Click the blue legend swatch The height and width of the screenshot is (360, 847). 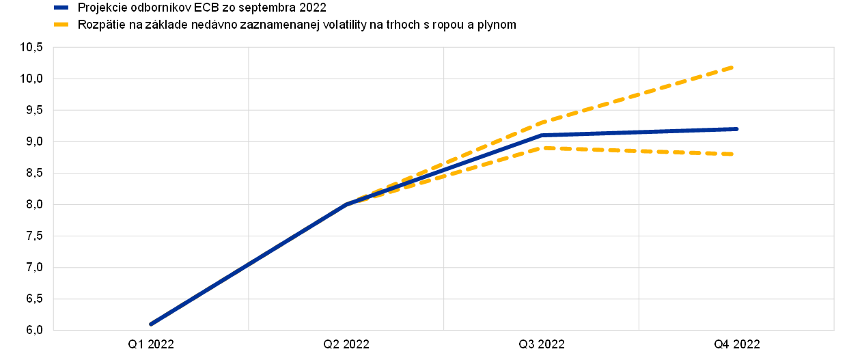coord(61,8)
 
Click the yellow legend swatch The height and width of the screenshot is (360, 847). coord(61,24)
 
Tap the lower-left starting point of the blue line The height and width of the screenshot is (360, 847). coord(150,324)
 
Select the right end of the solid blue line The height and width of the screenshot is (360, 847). coord(737,128)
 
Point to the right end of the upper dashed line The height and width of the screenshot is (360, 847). coord(733,67)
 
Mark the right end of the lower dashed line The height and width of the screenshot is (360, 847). coord(733,154)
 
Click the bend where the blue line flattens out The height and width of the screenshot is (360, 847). coord(542,135)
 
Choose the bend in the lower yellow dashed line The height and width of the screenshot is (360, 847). coord(542,148)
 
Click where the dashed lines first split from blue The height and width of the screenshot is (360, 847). coord(348,204)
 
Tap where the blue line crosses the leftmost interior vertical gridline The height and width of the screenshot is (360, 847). coord(249,264)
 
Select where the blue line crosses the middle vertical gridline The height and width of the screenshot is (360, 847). coord(444,169)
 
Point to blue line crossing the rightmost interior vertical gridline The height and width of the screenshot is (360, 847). coord(639,132)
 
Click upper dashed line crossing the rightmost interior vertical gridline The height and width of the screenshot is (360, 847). coord(639,94)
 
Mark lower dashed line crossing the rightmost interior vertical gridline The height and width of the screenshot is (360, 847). coord(639,151)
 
